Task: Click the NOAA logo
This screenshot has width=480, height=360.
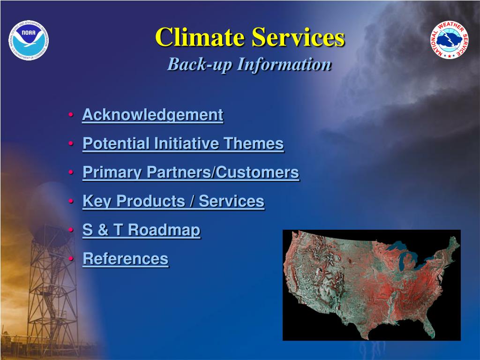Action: [29, 40]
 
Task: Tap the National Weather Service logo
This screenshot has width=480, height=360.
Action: [450, 40]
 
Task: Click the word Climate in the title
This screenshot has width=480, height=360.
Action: [200, 37]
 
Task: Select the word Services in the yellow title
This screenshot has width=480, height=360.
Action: [298, 37]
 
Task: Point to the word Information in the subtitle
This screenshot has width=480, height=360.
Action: [285, 64]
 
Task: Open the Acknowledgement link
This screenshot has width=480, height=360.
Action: [153, 115]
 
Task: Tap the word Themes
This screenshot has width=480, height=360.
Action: [254, 143]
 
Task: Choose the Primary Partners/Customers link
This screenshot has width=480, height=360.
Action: [191, 172]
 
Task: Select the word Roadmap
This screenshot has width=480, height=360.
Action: [164, 230]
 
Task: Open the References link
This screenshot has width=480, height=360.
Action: [126, 259]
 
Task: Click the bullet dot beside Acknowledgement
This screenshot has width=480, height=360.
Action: [71, 115]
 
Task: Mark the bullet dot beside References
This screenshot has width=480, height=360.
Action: [71, 259]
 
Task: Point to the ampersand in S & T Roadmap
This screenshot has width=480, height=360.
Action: [103, 230]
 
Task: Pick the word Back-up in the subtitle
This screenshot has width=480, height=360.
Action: [199, 65]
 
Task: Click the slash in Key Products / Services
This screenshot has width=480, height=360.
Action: [192, 202]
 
